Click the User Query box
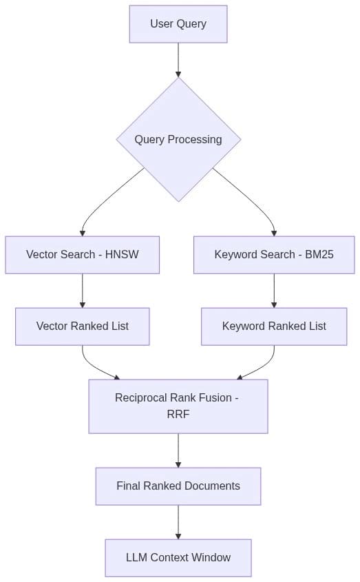coord(178,24)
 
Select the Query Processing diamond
coord(178,139)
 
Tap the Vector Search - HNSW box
coord(82,255)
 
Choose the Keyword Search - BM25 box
coord(274,255)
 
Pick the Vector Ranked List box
coord(82,326)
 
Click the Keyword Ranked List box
coord(274,326)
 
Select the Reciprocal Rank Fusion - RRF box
coord(178,406)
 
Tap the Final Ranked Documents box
coord(178,486)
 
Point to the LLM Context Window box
coord(178,558)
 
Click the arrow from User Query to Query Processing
coord(178,60)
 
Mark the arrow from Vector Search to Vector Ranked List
coord(82,290)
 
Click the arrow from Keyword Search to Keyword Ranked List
coord(274,290)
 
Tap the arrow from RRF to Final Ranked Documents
coord(178,450)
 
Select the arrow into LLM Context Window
coord(178,522)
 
